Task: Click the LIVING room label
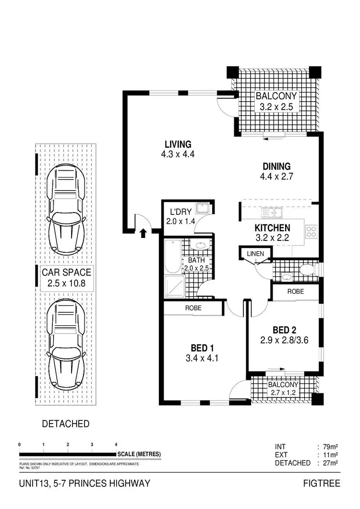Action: (x=178, y=144)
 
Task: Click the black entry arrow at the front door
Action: (x=143, y=234)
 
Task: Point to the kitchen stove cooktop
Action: (x=311, y=231)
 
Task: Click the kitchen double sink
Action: (x=272, y=212)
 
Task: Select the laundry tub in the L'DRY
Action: (x=204, y=209)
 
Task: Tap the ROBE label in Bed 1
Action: (x=193, y=308)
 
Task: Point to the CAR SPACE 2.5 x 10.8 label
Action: (x=66, y=278)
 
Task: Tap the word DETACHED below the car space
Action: (x=66, y=424)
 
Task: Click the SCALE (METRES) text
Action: (x=140, y=454)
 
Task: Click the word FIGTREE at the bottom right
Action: (x=322, y=483)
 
